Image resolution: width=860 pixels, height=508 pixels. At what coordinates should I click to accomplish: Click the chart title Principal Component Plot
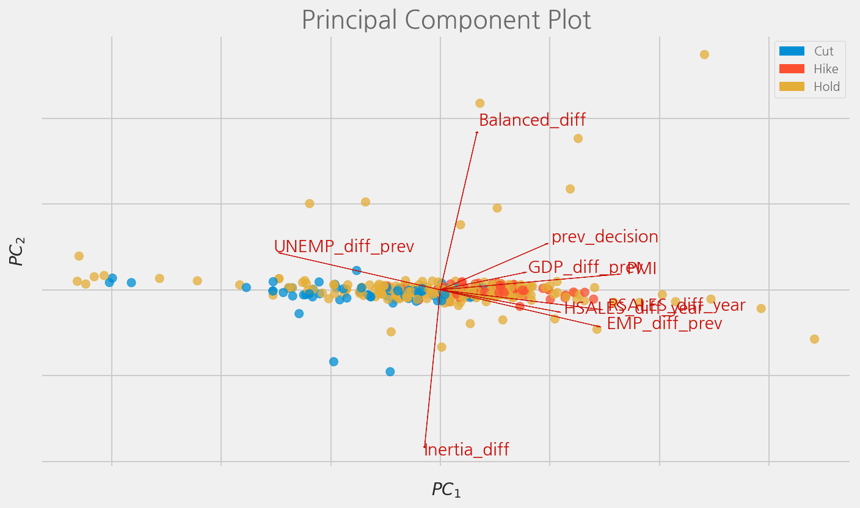click(x=446, y=20)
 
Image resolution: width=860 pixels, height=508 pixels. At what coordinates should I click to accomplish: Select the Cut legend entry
click(x=823, y=52)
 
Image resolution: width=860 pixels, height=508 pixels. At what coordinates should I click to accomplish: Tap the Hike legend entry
click(x=825, y=70)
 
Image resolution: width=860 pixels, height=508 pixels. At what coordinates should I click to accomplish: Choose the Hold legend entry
click(x=826, y=87)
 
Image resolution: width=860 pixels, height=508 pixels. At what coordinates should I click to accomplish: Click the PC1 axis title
click(x=446, y=490)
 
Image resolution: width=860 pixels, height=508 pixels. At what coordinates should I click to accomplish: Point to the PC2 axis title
click(x=17, y=252)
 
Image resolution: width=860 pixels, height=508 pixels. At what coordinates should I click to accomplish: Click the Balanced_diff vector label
click(x=531, y=120)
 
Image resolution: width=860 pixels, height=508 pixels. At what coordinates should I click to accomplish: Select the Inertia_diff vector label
click(x=467, y=450)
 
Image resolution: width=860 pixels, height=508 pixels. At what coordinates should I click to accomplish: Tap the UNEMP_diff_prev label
click(x=343, y=247)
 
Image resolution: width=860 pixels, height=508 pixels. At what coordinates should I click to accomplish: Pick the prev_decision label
click(x=604, y=237)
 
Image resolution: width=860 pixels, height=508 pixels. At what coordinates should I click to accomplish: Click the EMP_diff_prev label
click(x=664, y=324)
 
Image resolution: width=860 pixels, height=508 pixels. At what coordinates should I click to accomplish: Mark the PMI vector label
click(x=642, y=269)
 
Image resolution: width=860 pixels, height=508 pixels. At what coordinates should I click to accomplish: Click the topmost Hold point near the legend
click(x=704, y=54)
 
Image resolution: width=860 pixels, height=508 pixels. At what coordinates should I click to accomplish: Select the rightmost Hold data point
click(x=814, y=339)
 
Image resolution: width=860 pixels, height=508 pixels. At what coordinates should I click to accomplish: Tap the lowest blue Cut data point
click(x=390, y=371)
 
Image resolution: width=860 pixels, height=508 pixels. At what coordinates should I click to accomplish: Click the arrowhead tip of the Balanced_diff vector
click(x=477, y=131)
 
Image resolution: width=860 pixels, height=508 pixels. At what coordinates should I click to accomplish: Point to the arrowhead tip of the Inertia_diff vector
click(x=425, y=448)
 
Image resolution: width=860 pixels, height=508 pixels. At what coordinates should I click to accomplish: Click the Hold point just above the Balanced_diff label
click(x=479, y=103)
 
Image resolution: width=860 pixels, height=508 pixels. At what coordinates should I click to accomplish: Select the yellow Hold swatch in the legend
click(x=792, y=87)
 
